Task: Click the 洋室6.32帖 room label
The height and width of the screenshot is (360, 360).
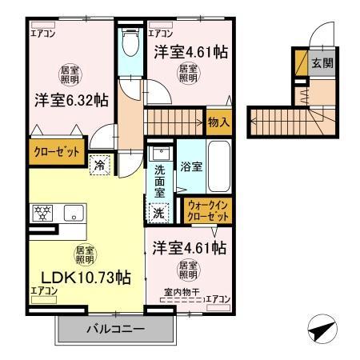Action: [x=71, y=101]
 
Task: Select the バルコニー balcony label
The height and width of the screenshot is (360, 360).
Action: [x=114, y=328]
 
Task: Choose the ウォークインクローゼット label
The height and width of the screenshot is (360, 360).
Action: [x=207, y=210]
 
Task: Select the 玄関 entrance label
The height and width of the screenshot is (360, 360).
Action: [x=322, y=63]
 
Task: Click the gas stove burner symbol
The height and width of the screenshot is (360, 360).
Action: [x=43, y=214]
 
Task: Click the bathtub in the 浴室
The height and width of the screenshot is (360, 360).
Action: [x=218, y=167]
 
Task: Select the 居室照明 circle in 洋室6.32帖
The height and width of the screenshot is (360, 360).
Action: [x=70, y=75]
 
